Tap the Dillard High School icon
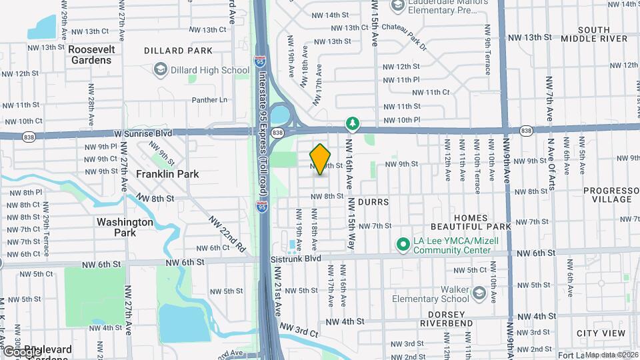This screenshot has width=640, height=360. (x=160, y=69)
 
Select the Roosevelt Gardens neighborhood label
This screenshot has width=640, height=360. (x=92, y=55)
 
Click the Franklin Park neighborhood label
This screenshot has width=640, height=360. (x=167, y=174)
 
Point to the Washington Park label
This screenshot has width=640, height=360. (x=125, y=227)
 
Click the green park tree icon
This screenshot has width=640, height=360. (x=352, y=124)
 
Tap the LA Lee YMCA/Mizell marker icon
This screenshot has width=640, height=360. (x=403, y=245)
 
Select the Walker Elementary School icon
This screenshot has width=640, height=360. (x=479, y=294)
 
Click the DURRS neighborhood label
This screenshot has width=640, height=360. (x=373, y=201)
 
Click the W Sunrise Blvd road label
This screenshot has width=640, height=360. (x=143, y=133)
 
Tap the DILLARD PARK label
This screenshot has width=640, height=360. (x=179, y=51)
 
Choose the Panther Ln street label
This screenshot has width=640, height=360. (x=209, y=100)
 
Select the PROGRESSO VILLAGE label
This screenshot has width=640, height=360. (x=607, y=195)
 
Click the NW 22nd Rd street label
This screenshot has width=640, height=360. (x=227, y=234)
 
